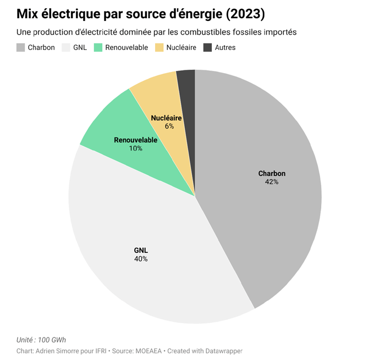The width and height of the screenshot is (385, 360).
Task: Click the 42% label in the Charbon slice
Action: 272,182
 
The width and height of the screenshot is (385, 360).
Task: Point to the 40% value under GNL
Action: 141,259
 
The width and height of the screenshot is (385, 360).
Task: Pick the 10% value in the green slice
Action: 135,148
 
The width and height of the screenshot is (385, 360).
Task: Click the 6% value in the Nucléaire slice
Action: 169,126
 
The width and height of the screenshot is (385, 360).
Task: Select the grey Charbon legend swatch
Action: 21,48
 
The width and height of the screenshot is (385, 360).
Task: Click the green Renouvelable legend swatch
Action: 99,48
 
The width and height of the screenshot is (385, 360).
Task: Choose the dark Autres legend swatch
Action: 208,48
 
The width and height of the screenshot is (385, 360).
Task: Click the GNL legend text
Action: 80,48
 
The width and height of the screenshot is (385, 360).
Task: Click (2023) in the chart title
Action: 248,13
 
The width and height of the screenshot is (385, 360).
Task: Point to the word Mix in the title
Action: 28,13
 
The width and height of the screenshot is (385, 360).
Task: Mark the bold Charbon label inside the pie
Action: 272,174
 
